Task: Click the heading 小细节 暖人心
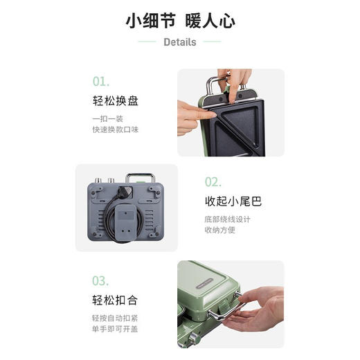pos(180,20)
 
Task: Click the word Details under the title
pos(180,42)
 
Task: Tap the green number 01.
pos(101,81)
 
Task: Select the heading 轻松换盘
pos(116,101)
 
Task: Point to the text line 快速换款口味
pos(116,129)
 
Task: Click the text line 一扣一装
pos(107,118)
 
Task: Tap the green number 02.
pos(213,182)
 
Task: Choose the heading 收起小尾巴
pos(233,202)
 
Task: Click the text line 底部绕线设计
pos(227,219)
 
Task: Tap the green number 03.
pos(101,281)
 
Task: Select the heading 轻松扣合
pos(116,300)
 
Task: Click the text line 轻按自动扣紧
pos(116,318)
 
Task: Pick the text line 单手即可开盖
pos(116,329)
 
